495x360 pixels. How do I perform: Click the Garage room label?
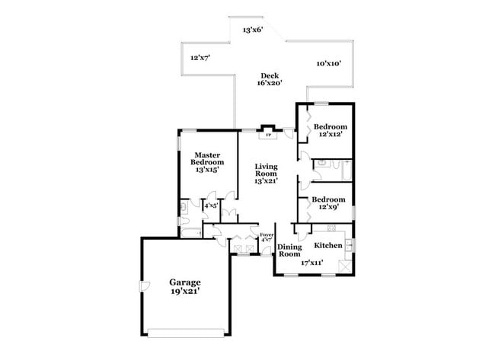point(185,282)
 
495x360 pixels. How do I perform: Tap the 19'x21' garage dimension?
point(185,292)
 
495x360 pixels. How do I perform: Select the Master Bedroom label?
point(207,158)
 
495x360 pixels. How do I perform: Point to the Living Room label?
point(266,170)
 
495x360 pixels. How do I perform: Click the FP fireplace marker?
point(268,135)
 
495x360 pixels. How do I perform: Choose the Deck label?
point(270,75)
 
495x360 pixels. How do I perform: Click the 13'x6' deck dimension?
point(253,30)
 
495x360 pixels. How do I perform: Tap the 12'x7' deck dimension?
point(200,58)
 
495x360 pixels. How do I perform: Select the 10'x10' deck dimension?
point(329,63)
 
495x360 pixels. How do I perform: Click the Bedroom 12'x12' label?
point(331,130)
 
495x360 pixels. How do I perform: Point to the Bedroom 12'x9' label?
point(329,203)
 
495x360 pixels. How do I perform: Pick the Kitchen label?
point(328,245)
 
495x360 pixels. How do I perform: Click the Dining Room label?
point(289,250)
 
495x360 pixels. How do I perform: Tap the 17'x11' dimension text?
point(312,262)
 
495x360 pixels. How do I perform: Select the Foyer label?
point(267,234)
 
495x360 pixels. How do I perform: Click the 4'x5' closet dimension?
point(211,206)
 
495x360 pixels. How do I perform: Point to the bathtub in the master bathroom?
point(191,233)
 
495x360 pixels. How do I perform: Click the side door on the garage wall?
point(144,286)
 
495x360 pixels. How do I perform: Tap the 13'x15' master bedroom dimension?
point(207,170)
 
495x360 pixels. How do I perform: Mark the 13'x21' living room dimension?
point(266,181)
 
